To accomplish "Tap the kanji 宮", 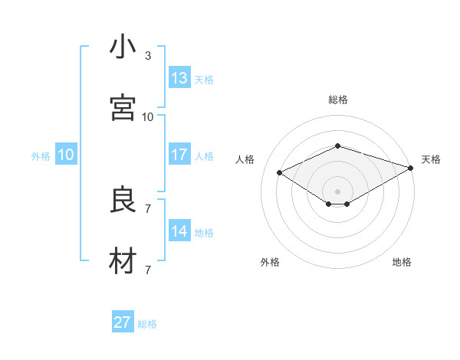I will click(123, 108).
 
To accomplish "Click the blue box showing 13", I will click(179, 78).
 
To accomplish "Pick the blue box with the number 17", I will click(179, 155).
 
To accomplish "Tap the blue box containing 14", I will click(179, 231).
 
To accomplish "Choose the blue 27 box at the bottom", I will click(123, 322).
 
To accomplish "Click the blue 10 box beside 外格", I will click(66, 155).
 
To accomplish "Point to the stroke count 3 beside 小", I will click(148, 56).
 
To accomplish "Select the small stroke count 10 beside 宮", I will click(148, 117).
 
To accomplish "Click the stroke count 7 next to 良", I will click(148, 208).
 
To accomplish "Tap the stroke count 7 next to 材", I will click(148, 270).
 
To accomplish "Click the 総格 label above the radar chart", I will click(337, 100).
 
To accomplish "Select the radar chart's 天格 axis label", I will click(431, 159).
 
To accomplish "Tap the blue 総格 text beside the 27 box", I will click(147, 324).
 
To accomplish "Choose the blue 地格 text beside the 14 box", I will click(204, 233).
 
